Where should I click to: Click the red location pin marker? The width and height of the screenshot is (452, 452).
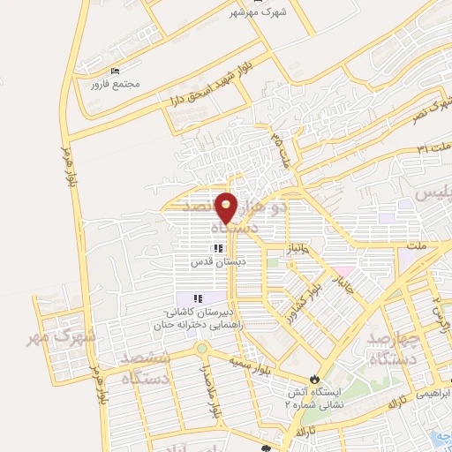(227, 207)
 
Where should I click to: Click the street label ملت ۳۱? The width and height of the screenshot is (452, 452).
(433, 144)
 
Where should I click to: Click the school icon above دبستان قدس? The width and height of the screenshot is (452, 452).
(217, 249)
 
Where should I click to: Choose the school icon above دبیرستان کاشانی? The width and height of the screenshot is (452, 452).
(199, 298)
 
